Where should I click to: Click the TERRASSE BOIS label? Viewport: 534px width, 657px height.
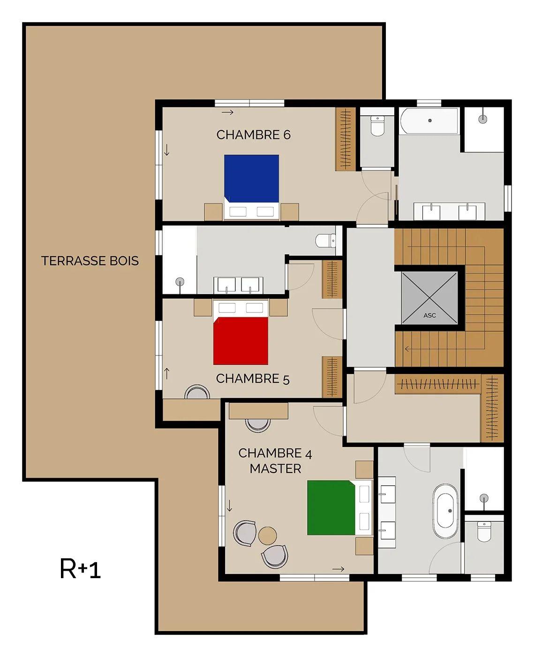click(x=90, y=261)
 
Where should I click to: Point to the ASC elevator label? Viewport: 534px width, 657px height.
click(x=429, y=315)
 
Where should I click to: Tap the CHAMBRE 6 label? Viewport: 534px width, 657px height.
click(x=253, y=135)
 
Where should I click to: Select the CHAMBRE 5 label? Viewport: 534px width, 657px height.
click(x=253, y=379)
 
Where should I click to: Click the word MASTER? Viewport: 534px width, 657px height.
click(x=276, y=469)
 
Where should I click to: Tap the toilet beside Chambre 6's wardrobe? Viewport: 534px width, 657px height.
click(x=377, y=126)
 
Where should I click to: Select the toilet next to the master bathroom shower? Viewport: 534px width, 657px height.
click(x=484, y=531)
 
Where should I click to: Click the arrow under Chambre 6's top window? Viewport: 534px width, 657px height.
click(x=227, y=112)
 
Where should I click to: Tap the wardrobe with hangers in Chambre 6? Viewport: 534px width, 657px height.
click(x=346, y=139)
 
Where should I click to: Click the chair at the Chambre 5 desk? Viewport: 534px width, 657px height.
click(x=197, y=392)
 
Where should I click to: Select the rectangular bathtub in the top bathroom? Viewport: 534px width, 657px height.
click(x=429, y=121)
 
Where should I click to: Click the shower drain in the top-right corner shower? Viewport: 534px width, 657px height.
click(x=483, y=119)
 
